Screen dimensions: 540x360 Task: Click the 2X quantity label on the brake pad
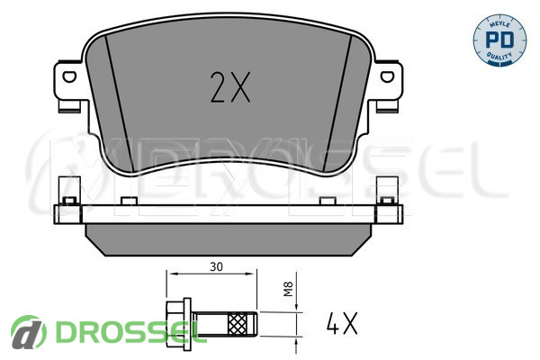(x=230, y=87)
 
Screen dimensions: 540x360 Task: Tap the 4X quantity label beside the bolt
(x=342, y=323)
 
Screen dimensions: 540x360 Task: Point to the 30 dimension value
(x=216, y=266)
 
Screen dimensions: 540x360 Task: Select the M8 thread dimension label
(x=288, y=289)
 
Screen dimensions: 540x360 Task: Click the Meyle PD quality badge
(x=499, y=40)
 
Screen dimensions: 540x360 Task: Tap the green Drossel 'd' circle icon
(x=28, y=332)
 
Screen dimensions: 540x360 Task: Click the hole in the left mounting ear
(x=69, y=76)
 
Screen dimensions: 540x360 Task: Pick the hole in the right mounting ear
(x=387, y=76)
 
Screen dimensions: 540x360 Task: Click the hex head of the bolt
(x=175, y=324)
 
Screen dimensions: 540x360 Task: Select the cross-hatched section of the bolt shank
(x=238, y=323)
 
